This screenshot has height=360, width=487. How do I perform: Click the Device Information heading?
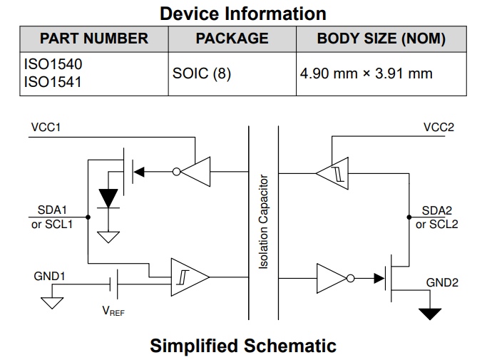243,13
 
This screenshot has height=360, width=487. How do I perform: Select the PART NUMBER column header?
94,38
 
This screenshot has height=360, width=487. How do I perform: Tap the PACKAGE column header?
232,38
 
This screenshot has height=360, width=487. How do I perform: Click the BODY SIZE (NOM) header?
381,38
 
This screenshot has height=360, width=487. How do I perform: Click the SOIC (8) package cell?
202,73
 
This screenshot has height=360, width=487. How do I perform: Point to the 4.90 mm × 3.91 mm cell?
366,73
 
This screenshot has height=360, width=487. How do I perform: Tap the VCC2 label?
439,128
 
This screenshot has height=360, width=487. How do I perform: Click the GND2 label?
442,282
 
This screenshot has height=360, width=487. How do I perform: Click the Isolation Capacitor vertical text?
263,222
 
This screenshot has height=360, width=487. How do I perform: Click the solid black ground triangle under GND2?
430,313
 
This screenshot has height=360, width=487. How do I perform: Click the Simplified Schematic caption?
243,346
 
